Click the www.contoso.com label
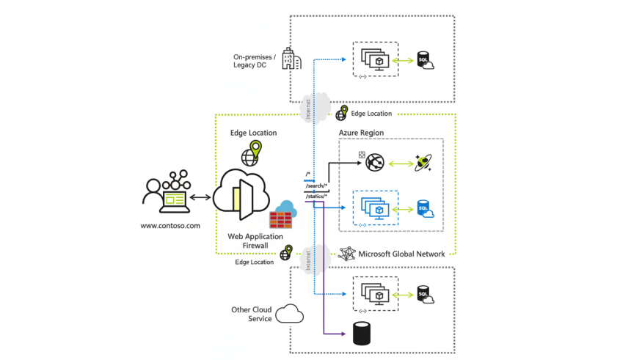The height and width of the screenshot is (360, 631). click(x=169, y=226)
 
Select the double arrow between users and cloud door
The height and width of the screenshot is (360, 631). click(x=200, y=196)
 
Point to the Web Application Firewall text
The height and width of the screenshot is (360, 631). click(x=252, y=241)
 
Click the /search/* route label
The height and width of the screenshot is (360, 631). click(x=317, y=187)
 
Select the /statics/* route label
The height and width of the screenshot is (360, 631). click(x=317, y=196)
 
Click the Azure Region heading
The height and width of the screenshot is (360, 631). click(x=361, y=133)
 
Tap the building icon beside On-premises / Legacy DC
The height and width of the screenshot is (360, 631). click(x=291, y=59)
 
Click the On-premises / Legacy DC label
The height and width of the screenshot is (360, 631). click(x=255, y=61)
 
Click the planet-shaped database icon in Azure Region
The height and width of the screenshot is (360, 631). click(x=425, y=163)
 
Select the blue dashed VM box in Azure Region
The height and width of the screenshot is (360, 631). click(x=376, y=209)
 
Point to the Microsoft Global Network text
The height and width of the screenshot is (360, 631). click(x=401, y=254)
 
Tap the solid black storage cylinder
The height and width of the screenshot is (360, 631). click(x=362, y=334)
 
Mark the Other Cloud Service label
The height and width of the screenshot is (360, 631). click(x=251, y=314)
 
